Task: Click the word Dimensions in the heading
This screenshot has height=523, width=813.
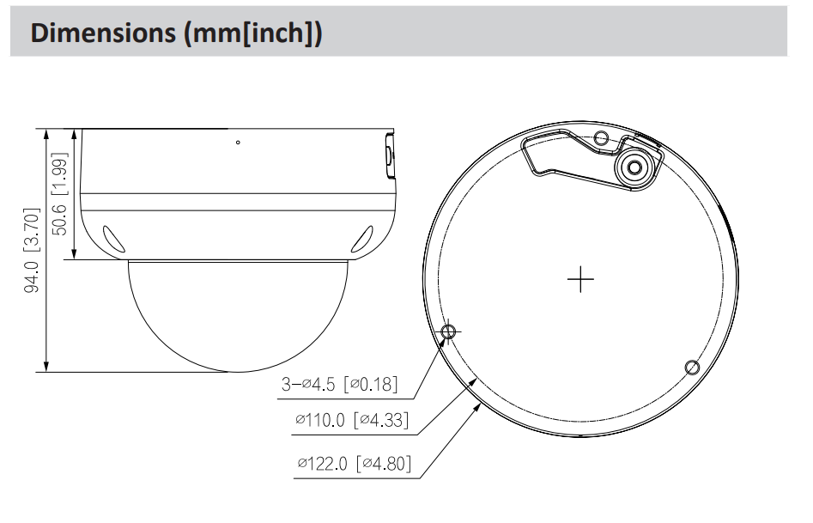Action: tap(103, 33)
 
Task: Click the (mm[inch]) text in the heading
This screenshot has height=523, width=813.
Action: tap(253, 33)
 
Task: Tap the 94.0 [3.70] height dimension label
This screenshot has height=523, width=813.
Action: tap(32, 250)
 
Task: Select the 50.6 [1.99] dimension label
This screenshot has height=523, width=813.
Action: tap(59, 193)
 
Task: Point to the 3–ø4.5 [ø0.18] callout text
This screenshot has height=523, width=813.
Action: tap(340, 384)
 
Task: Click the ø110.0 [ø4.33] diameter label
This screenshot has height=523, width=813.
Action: tap(352, 419)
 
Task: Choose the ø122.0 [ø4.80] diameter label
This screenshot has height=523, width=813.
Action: tap(355, 463)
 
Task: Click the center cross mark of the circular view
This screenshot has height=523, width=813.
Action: tap(580, 279)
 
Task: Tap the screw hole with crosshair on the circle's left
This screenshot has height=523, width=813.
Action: tap(448, 331)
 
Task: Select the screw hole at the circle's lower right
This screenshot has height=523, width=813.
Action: tap(692, 368)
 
